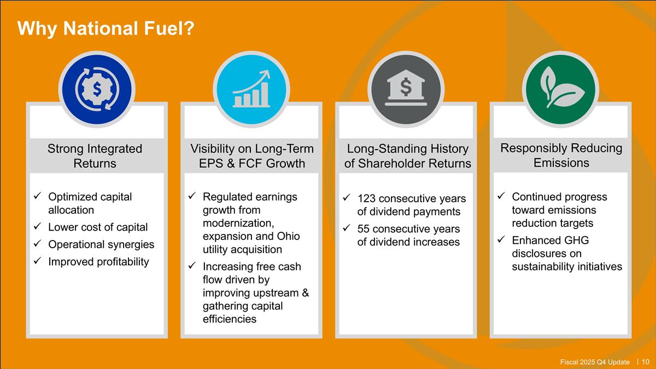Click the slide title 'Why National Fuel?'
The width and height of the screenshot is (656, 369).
point(106,28)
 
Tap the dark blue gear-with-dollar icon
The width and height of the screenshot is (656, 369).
point(97,89)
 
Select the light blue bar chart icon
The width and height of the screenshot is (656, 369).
point(251,89)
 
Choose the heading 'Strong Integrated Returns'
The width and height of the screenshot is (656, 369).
point(95,156)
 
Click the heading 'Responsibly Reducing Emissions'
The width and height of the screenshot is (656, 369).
point(561,155)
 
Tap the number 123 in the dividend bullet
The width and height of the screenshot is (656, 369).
point(366,198)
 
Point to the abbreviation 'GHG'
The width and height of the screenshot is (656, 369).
point(574,240)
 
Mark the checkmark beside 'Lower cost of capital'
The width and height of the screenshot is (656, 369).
point(37,226)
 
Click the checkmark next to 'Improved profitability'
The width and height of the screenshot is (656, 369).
point(37,260)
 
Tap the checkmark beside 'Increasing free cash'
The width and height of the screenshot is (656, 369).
point(192,265)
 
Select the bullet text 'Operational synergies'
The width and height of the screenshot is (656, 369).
point(101,244)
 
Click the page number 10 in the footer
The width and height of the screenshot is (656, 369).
point(646,362)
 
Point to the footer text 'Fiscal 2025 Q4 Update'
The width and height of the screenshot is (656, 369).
point(595,362)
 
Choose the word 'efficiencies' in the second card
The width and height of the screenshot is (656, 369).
point(229,319)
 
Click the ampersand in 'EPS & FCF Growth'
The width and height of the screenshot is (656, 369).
point(231,163)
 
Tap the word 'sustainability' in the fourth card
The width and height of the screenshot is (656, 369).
point(543,267)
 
